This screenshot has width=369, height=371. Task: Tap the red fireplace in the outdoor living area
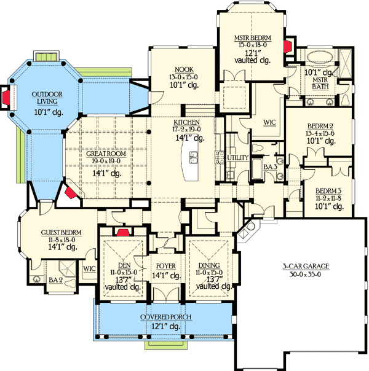[x=6, y=96]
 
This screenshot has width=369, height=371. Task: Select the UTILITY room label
[x=237, y=158]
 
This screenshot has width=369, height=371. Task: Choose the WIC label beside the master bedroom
[x=269, y=122]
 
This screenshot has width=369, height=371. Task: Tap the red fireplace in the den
[x=122, y=232]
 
